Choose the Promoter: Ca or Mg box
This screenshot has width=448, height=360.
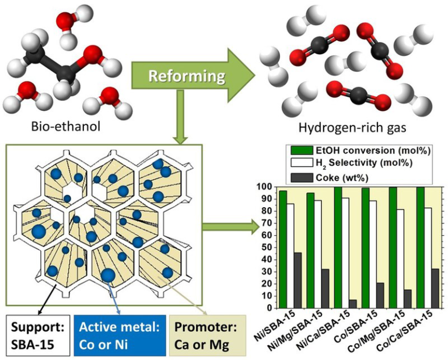201,335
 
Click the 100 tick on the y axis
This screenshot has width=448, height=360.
265,187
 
